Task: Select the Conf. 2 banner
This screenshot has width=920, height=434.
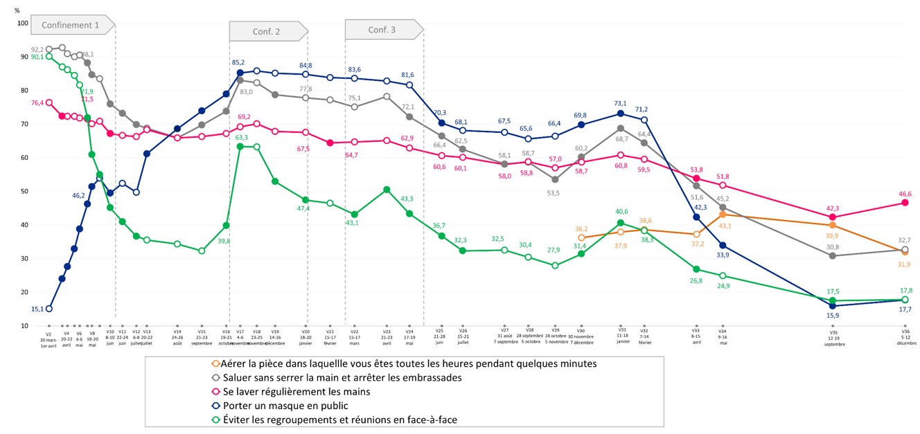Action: point(267,32)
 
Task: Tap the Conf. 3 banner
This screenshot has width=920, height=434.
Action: point(382,30)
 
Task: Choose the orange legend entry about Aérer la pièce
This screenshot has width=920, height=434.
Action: point(405,363)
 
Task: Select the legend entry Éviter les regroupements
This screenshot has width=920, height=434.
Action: point(335,419)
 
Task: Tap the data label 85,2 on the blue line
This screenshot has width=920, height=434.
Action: point(240,62)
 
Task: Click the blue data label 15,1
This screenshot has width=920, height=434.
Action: point(38,309)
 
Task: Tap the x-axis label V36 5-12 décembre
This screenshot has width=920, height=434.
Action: point(905,336)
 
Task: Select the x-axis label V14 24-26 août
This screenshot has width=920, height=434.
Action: point(177,336)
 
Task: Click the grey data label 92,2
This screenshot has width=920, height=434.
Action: point(38,50)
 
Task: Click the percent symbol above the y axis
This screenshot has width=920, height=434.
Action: point(17,10)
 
